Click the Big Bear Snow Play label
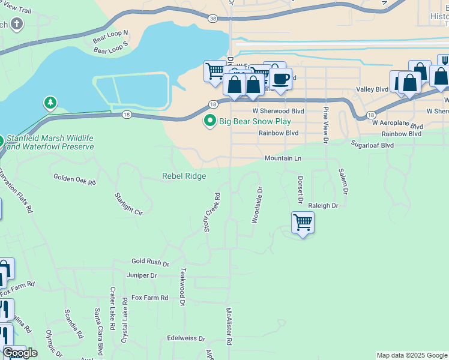click(250, 121)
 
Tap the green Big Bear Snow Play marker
click(210, 121)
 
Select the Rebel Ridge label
click(184, 176)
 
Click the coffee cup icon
click(280, 79)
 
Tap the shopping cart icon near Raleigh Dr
click(303, 223)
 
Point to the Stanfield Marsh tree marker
click(51, 103)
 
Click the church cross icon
click(17, 25)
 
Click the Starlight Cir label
click(130, 204)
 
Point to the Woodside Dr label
click(257, 205)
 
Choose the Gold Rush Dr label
click(150, 262)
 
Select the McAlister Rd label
click(229, 326)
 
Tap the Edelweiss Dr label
click(186, 338)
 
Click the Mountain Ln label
click(283, 158)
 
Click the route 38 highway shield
click(214, 19)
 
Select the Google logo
click(20, 353)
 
